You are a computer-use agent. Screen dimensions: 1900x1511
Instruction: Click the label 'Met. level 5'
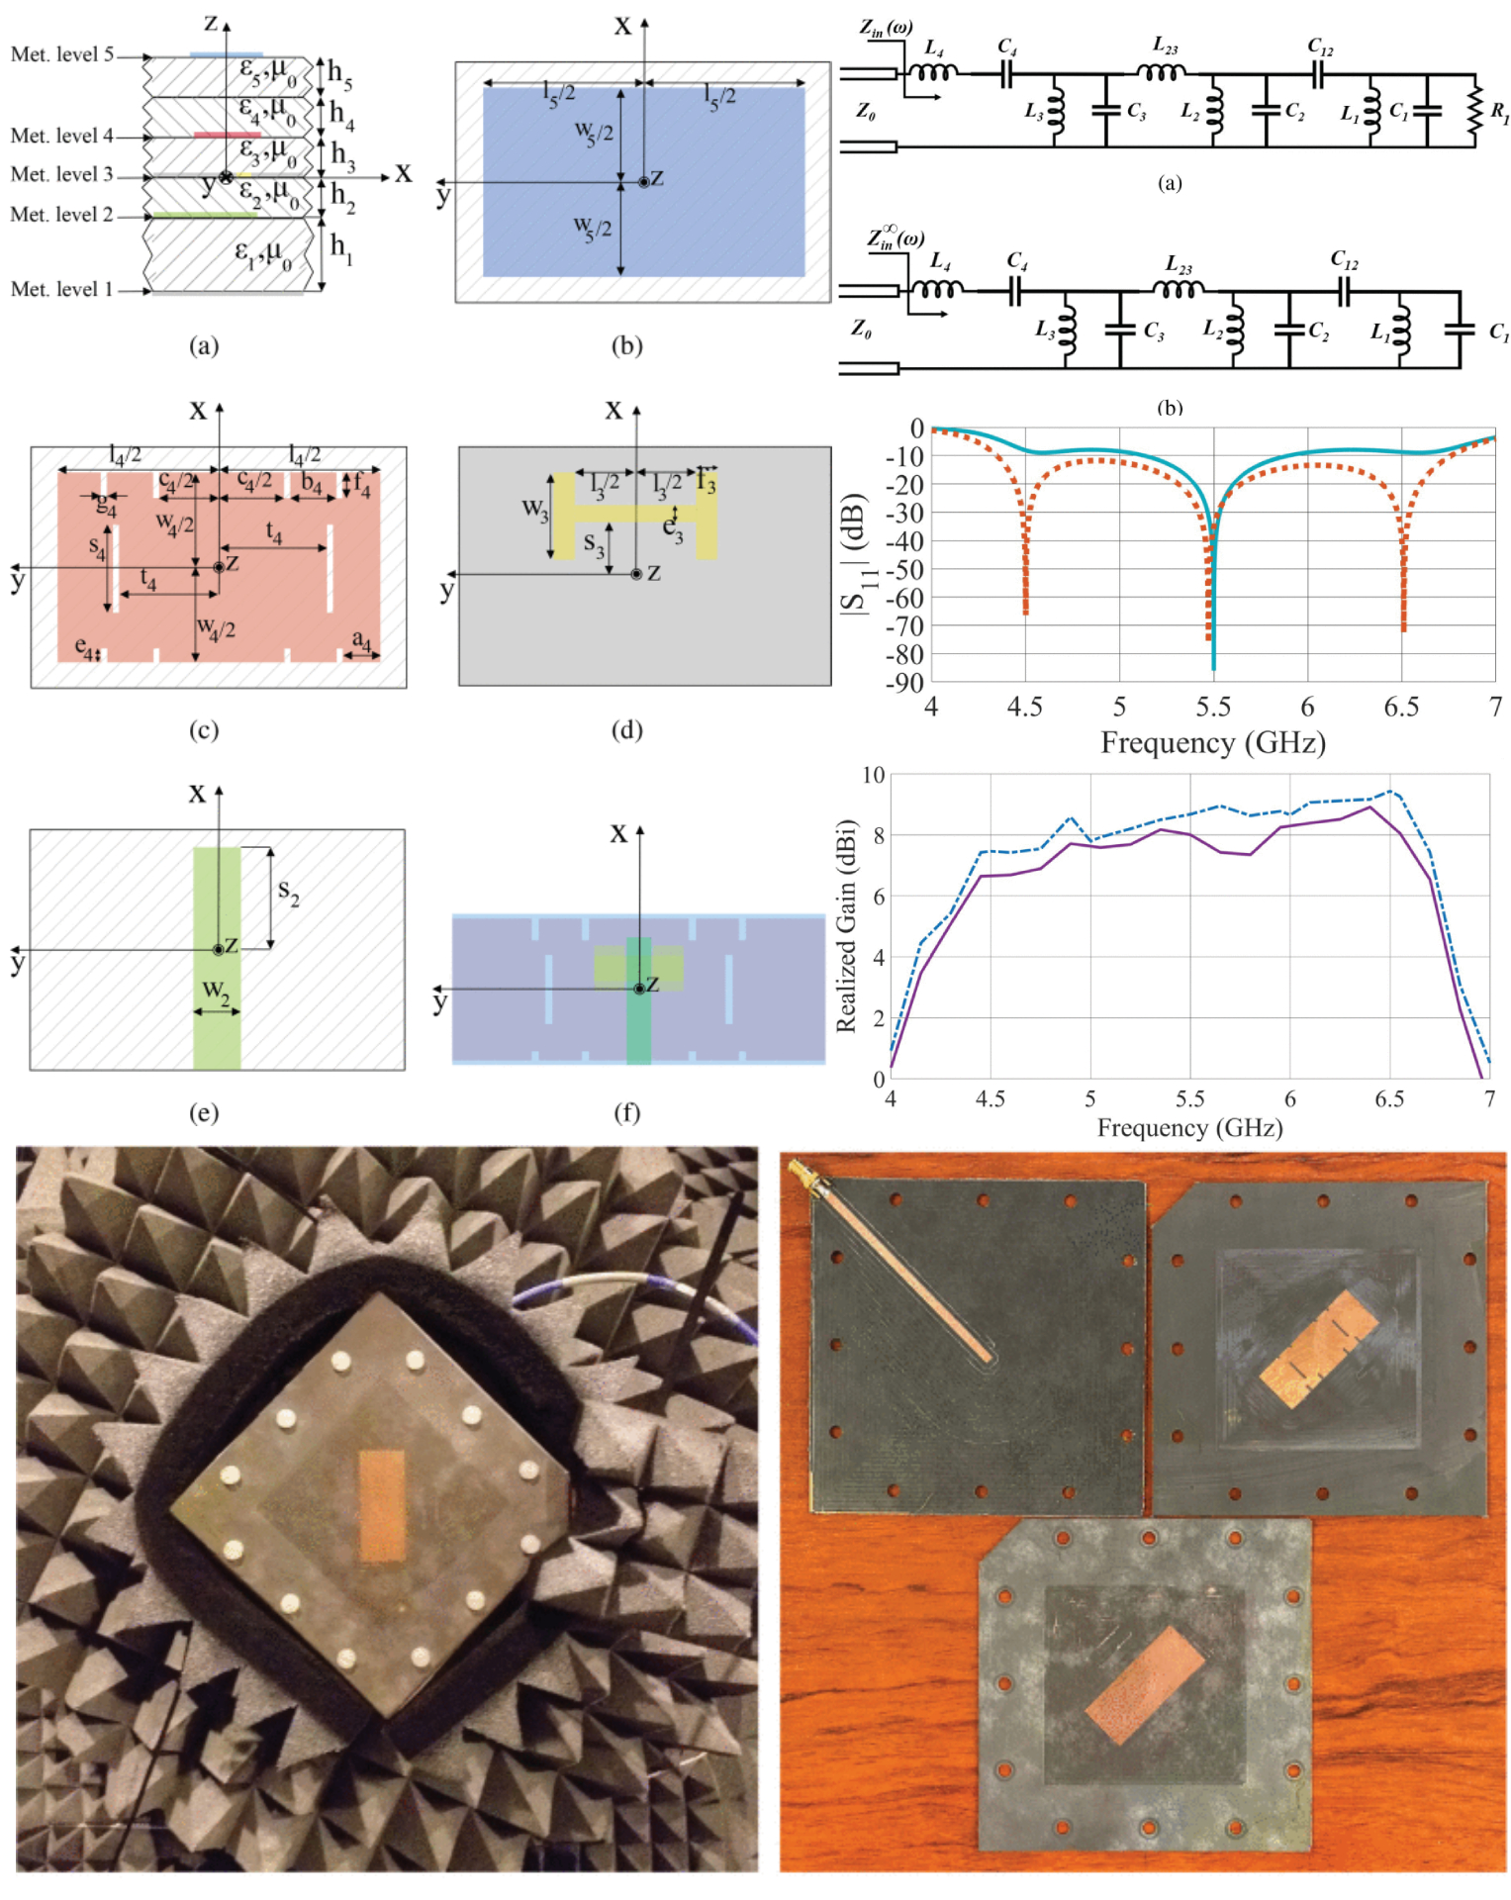61,54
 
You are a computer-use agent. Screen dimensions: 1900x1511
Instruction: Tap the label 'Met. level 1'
61,289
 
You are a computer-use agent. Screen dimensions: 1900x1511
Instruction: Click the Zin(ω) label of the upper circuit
886,28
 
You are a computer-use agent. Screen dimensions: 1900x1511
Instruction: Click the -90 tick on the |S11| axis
905,683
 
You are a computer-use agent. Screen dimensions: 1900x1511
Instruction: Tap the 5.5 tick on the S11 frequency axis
1213,707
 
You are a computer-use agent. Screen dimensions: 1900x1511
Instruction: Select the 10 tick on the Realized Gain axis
873,775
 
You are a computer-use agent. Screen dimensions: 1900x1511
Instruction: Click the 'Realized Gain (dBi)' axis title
846,925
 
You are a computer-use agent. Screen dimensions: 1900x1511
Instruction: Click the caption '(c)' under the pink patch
203,730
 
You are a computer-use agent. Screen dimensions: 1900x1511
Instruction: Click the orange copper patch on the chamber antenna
381,1504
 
